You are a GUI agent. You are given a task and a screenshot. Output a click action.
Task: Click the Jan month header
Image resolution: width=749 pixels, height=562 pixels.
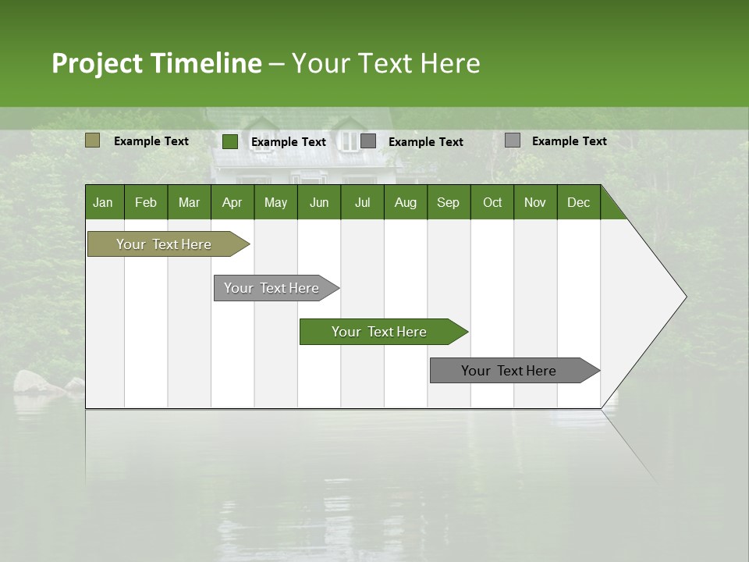pos(104,202)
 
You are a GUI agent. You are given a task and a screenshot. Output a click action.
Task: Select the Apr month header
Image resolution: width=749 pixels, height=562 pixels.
pos(233,202)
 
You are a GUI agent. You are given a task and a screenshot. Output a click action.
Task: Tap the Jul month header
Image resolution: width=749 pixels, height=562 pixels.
pos(362,202)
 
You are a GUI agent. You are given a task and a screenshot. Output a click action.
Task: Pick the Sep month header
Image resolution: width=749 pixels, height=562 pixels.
pos(448,202)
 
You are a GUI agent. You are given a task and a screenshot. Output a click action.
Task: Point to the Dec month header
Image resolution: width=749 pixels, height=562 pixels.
pos(578,202)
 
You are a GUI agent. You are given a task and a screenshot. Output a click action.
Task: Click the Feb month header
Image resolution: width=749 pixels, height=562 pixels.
pos(146,202)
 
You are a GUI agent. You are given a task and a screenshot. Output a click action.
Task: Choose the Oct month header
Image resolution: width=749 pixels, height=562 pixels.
pos(492,202)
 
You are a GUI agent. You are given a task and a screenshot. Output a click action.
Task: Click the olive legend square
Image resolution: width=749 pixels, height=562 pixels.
pos(92,140)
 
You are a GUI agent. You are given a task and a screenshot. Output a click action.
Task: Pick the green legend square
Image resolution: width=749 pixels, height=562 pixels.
pos(230,141)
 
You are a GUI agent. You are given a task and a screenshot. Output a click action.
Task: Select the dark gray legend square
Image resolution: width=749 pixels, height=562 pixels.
pos(368,140)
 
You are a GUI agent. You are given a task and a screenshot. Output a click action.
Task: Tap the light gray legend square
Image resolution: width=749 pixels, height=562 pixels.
pos(513,140)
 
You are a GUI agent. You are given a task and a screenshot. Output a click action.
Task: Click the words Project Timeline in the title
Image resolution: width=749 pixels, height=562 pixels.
pos(157,63)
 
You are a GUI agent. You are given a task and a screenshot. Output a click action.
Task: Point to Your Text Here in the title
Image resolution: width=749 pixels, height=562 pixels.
pos(386,63)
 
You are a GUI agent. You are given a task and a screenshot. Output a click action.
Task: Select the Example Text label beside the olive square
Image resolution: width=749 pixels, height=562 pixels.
pos(151,141)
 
